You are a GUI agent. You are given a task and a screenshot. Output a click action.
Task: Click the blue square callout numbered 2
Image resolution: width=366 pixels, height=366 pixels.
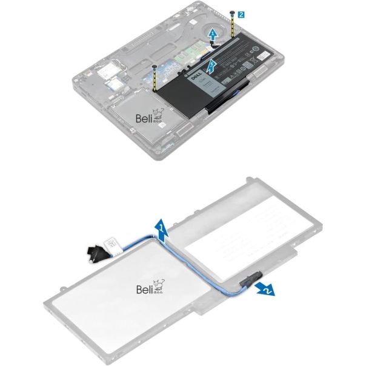tap(241, 12)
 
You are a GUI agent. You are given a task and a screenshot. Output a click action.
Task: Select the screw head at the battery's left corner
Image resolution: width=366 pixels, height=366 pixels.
tap(156, 67)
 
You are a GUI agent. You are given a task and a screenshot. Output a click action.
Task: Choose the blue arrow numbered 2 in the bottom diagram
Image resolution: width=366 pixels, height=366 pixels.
tap(265, 289)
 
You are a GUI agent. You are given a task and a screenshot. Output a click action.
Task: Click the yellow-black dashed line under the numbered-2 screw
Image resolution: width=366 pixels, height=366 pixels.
tap(233, 27)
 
